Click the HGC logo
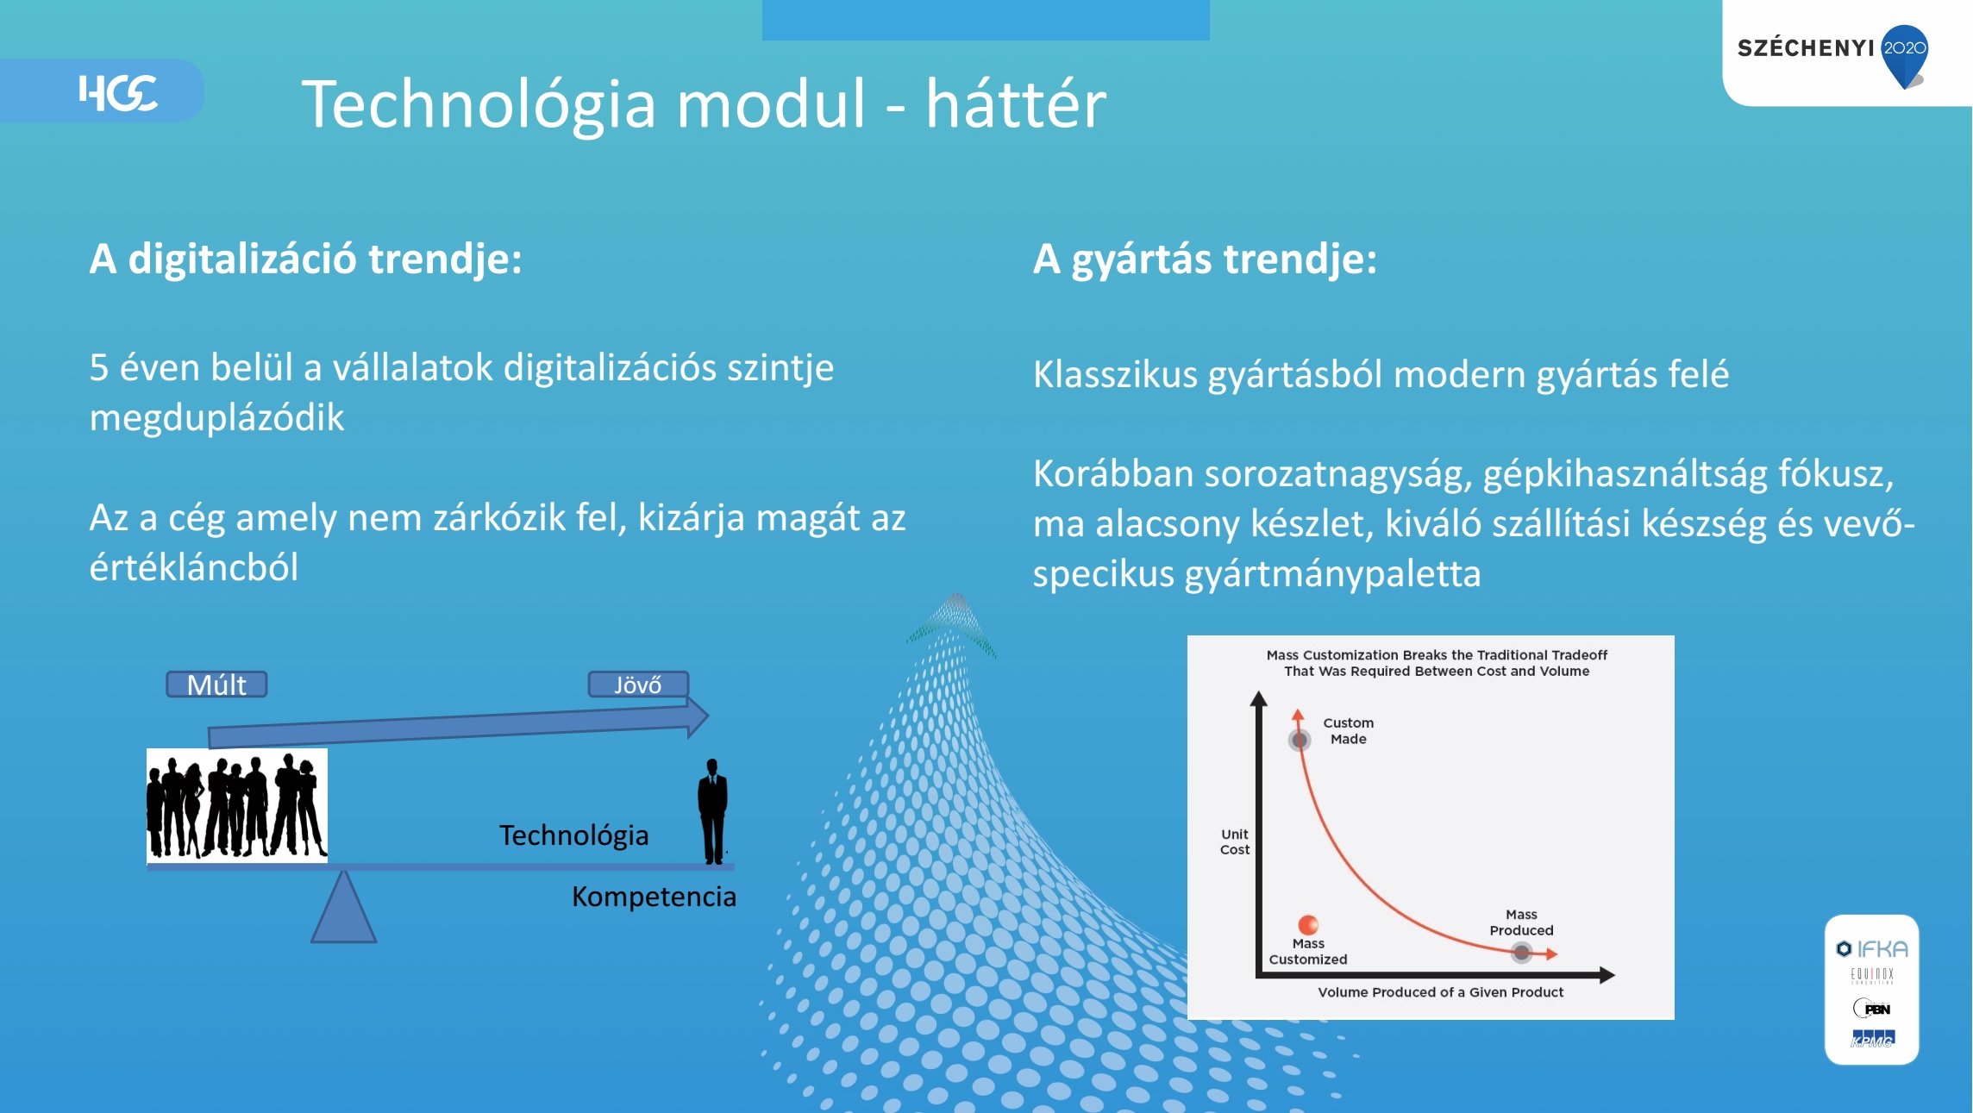(118, 92)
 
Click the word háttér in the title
(1016, 103)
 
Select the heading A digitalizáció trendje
(305, 259)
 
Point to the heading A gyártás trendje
(1205, 259)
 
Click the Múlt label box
(216, 685)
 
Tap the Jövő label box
(638, 685)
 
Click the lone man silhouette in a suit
(712, 811)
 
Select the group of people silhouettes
(237, 805)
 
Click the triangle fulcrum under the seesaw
(344, 907)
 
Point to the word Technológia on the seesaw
(573, 835)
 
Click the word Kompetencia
(654, 897)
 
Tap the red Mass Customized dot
(1308, 925)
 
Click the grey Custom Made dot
(1300, 740)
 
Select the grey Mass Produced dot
(1522, 953)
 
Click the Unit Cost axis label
(1235, 841)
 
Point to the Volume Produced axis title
(1440, 992)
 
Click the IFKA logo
(1872, 949)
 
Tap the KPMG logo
(1873, 1039)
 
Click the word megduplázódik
(216, 418)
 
